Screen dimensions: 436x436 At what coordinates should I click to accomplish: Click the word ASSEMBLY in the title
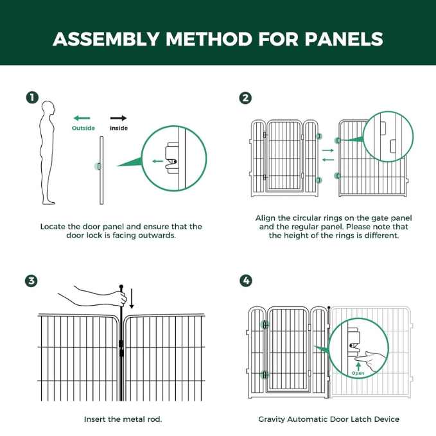pyautogui.click(x=105, y=39)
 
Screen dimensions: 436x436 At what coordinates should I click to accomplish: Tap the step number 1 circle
pyautogui.click(x=31, y=98)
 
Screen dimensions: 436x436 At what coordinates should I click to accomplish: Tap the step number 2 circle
pyautogui.click(x=245, y=98)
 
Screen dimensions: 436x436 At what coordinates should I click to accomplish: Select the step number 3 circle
pyautogui.click(x=31, y=281)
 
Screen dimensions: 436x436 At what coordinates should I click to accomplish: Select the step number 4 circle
pyautogui.click(x=245, y=281)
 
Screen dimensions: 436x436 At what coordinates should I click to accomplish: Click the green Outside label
pyautogui.click(x=83, y=128)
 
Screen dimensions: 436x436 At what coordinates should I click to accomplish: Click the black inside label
pyautogui.click(x=119, y=128)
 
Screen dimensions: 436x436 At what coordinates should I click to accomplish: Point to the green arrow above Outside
pyautogui.click(x=82, y=118)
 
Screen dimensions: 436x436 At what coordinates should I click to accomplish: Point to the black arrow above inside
pyautogui.click(x=118, y=118)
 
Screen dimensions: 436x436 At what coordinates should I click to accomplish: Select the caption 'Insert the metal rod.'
pyautogui.click(x=123, y=419)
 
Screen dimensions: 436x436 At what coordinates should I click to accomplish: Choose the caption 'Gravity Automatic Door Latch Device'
pyautogui.click(x=329, y=419)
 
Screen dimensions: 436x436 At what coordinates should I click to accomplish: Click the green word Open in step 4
pyautogui.click(x=358, y=373)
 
